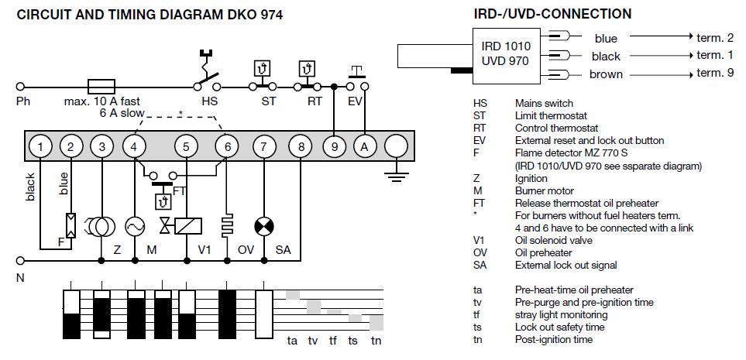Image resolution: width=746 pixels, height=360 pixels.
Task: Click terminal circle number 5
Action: [184, 146]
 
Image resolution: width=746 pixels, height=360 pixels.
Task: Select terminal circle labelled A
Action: [363, 146]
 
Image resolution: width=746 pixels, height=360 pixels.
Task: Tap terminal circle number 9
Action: [334, 146]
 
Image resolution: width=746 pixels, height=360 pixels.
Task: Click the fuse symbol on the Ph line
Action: [103, 86]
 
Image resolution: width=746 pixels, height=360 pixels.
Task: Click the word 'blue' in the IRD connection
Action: [606, 38]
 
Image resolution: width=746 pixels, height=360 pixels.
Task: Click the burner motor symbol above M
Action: [135, 225]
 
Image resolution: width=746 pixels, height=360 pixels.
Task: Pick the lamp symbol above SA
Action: [265, 225]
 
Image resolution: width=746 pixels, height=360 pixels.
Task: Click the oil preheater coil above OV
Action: [227, 225]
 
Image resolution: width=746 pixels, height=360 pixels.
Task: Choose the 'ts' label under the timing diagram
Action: [353, 340]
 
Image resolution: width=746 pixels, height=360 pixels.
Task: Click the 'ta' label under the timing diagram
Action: [293, 340]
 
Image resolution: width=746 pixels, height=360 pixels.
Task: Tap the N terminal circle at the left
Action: [21, 260]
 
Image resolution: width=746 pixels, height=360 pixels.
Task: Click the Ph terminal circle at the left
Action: [21, 86]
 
